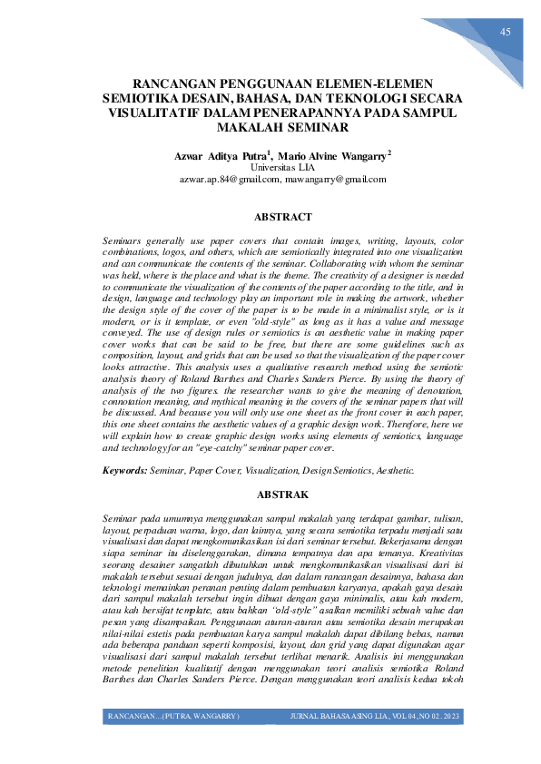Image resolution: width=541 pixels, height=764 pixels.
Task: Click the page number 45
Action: [506, 32]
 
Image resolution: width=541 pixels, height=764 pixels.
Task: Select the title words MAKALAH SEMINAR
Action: [270, 128]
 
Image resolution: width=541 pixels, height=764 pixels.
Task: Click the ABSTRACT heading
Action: [282, 218]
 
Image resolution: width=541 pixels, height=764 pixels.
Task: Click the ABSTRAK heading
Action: [283, 495]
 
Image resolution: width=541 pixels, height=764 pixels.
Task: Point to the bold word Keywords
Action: [125, 472]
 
